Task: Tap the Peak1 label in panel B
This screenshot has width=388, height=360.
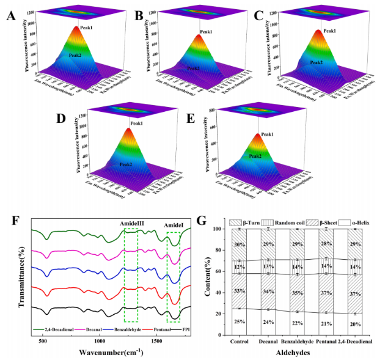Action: (x=206, y=32)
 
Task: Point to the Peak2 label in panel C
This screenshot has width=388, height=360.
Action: (x=316, y=62)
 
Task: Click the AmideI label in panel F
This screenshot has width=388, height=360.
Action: (x=172, y=224)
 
